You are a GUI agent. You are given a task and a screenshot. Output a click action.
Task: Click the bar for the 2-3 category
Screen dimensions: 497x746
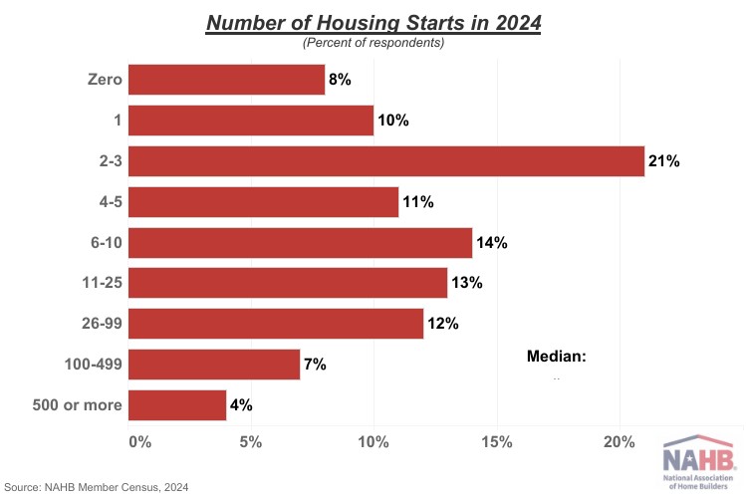tap(386, 161)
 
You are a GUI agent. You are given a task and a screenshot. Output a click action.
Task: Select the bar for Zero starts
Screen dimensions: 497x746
tap(227, 80)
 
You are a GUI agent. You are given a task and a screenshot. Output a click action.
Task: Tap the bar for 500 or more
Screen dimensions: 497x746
tap(178, 405)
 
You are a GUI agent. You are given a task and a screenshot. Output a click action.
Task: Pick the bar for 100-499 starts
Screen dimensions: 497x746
tap(214, 365)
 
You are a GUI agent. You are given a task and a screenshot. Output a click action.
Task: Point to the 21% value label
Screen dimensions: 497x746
tap(663, 161)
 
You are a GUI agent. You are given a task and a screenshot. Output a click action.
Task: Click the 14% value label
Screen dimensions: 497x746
tap(492, 242)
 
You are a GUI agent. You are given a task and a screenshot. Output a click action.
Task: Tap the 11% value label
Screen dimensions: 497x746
tap(418, 202)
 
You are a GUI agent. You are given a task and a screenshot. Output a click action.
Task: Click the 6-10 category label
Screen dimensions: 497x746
tap(102, 243)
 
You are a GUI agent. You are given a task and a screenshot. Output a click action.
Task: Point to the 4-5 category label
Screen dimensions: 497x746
tap(106, 202)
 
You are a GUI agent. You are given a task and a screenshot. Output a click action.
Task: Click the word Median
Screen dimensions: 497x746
tap(556, 356)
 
